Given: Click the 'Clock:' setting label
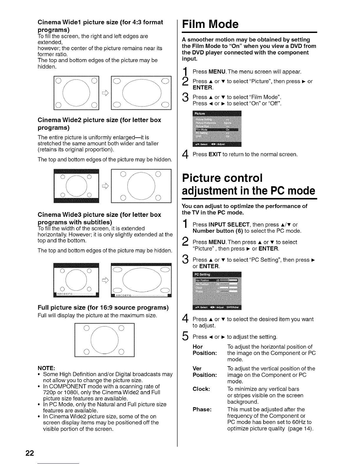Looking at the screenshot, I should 201,389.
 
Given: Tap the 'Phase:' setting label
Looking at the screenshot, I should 202,409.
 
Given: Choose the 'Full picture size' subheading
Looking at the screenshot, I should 103,308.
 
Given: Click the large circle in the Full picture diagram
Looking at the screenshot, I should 104,340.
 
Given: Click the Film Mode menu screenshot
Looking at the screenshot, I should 217,129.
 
